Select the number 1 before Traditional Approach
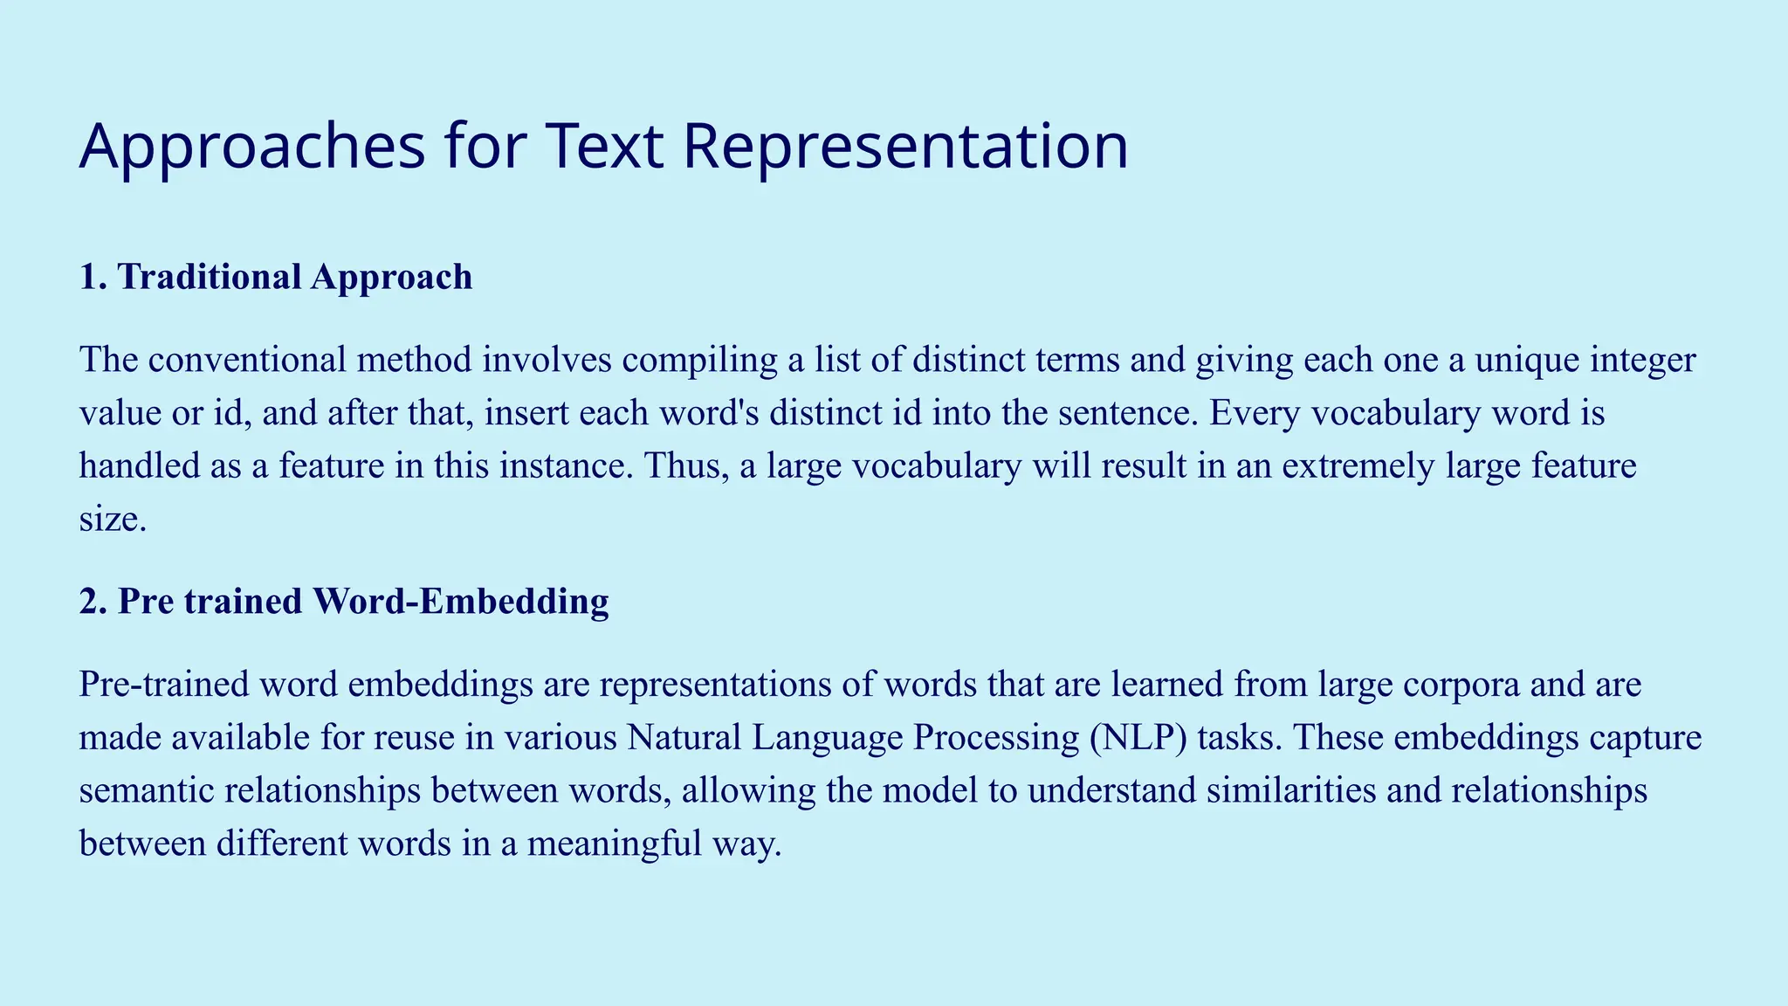click(87, 277)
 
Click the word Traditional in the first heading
click(210, 277)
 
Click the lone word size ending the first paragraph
click(112, 519)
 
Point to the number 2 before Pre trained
click(88, 602)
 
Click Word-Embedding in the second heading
click(460, 602)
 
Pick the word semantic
click(146, 790)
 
